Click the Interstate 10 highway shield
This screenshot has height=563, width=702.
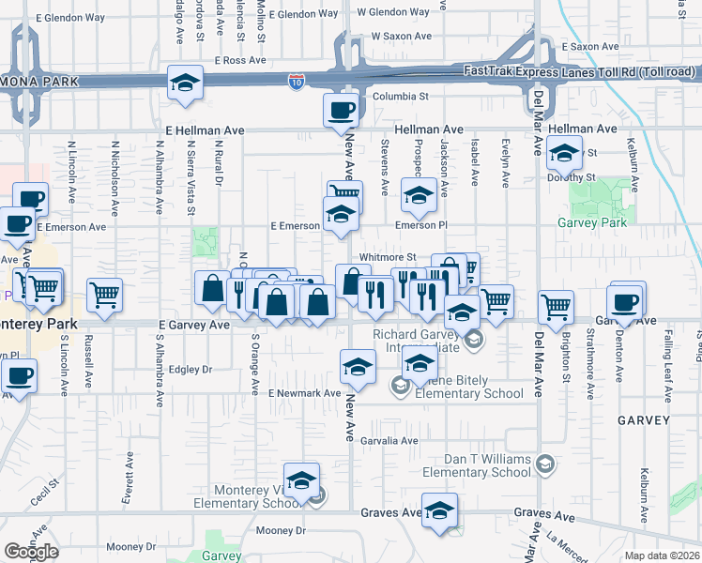click(x=297, y=83)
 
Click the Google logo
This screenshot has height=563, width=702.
click(x=31, y=551)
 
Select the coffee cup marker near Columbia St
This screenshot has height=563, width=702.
click(x=341, y=111)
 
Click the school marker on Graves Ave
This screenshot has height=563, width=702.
click(x=439, y=510)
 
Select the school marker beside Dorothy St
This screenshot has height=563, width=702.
click(x=564, y=152)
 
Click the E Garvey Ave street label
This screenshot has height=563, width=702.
click(x=194, y=325)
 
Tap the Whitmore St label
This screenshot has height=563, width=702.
click(x=387, y=257)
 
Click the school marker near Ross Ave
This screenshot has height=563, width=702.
click(x=186, y=84)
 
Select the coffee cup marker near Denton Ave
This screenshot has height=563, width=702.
click(x=626, y=301)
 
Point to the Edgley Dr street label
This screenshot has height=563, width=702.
click(x=192, y=370)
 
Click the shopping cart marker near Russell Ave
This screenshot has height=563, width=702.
click(x=104, y=296)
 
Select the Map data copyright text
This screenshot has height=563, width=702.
click(x=662, y=555)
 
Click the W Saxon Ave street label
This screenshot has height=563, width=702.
click(x=401, y=36)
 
